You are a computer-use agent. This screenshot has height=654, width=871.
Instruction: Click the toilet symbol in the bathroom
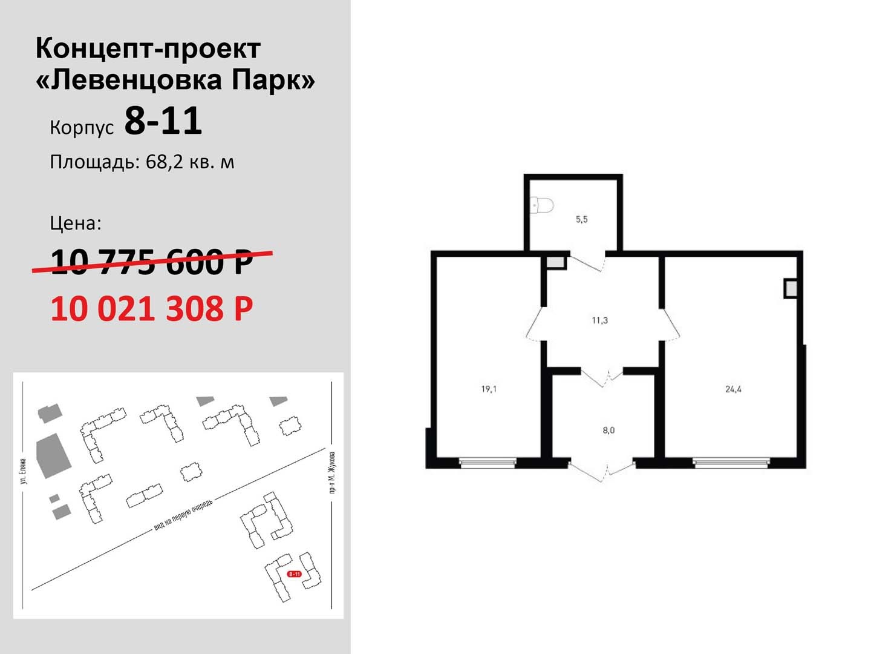tap(542, 206)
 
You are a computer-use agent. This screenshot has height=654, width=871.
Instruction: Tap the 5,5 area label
tap(581, 219)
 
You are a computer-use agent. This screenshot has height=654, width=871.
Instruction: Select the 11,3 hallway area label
tap(599, 320)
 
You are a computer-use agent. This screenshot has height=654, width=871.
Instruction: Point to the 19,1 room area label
tap(489, 389)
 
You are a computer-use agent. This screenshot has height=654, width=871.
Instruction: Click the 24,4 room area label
tap(733, 389)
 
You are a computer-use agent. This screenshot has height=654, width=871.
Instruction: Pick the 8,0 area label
tap(608, 431)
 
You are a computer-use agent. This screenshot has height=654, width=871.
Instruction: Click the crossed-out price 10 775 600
tap(152, 262)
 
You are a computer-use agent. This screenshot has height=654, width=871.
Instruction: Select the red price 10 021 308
tap(152, 309)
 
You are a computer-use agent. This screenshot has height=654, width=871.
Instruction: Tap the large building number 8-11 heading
tap(163, 121)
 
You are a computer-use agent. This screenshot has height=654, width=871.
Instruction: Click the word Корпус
tap(82, 128)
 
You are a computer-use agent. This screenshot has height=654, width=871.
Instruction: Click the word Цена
tap(76, 223)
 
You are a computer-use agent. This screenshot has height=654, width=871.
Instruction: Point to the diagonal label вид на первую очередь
tap(184, 515)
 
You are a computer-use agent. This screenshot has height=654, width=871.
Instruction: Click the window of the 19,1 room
tap(488, 462)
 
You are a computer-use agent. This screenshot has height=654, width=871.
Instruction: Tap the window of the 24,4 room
tap(732, 462)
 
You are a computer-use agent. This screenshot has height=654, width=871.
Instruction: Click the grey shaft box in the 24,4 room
tap(790, 289)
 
